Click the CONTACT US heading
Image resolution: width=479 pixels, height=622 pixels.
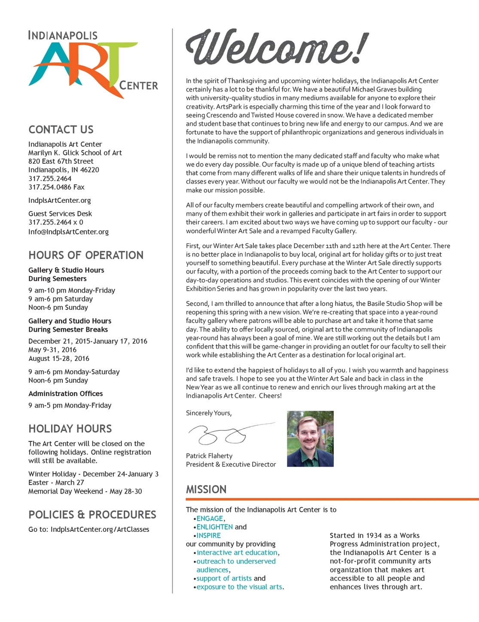click(x=61, y=130)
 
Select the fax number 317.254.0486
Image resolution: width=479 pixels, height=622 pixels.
click(x=56, y=187)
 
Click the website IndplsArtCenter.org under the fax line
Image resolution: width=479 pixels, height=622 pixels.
click(x=60, y=201)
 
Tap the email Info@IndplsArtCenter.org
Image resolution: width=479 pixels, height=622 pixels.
click(x=68, y=232)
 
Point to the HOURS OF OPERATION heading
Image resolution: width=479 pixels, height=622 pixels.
click(x=86, y=255)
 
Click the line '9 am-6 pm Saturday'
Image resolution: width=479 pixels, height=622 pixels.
click(x=61, y=299)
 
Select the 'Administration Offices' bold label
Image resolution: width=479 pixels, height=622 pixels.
click(x=66, y=394)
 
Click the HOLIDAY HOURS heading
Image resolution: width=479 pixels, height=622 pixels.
click(x=70, y=429)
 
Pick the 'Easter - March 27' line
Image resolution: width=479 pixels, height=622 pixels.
click(x=56, y=483)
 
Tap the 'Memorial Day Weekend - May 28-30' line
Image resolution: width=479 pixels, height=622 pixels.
click(x=85, y=491)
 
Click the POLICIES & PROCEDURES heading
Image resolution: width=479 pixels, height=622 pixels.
click(x=92, y=515)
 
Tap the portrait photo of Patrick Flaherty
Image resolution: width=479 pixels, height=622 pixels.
click(x=310, y=439)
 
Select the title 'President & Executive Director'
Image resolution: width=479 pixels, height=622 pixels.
click(x=231, y=464)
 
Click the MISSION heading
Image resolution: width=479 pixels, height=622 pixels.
click(x=206, y=490)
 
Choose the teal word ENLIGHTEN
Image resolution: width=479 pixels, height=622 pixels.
click(x=214, y=527)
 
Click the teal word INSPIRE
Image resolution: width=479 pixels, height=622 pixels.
click(x=208, y=536)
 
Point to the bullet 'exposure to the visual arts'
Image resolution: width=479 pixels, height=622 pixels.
click(x=239, y=587)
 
